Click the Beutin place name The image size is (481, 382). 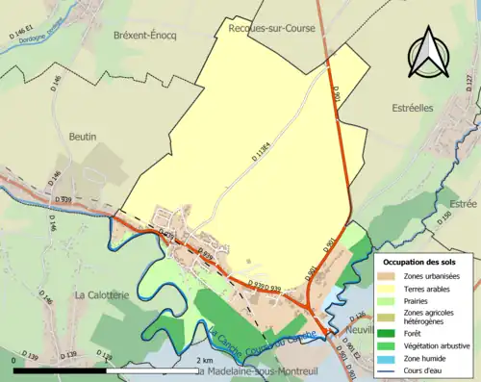tap(84, 138)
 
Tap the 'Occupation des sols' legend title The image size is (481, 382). tap(424, 261)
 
